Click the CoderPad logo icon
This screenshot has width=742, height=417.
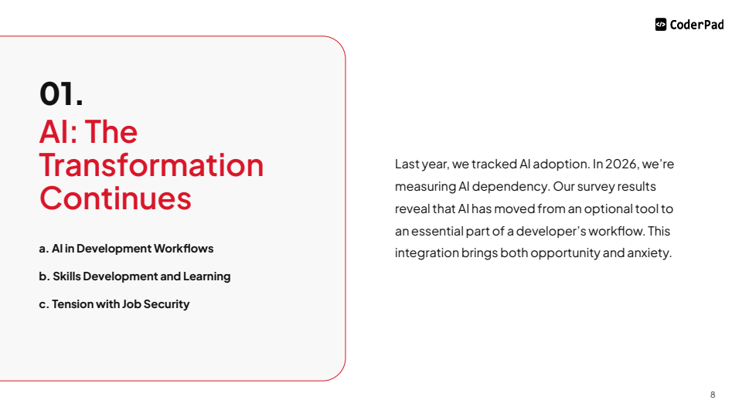point(661,24)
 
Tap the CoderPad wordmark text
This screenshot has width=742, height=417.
point(696,25)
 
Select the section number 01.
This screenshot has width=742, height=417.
point(61,93)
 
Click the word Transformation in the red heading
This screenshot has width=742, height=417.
point(151,165)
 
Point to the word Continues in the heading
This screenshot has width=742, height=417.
point(115,198)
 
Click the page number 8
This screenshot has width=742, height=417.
point(713,395)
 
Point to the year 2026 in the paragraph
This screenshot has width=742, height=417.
point(621,164)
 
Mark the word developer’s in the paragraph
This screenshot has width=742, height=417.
point(551,231)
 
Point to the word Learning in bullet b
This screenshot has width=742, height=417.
point(207,276)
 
